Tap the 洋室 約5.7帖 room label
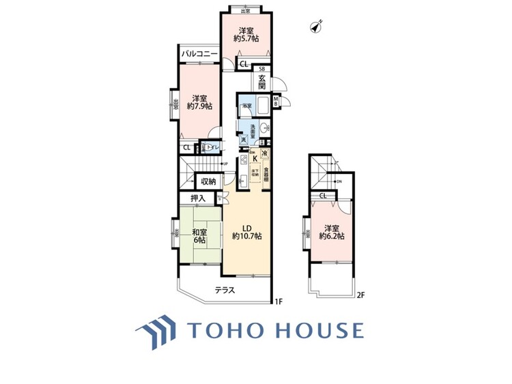246,35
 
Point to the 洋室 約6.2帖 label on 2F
332,232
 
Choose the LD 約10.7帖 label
246,232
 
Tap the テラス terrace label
225,290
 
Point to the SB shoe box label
262,69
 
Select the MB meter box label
276,102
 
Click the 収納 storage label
208,181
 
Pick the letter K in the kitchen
255,161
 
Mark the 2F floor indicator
360,295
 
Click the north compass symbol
316,27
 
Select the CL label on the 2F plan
323,196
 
